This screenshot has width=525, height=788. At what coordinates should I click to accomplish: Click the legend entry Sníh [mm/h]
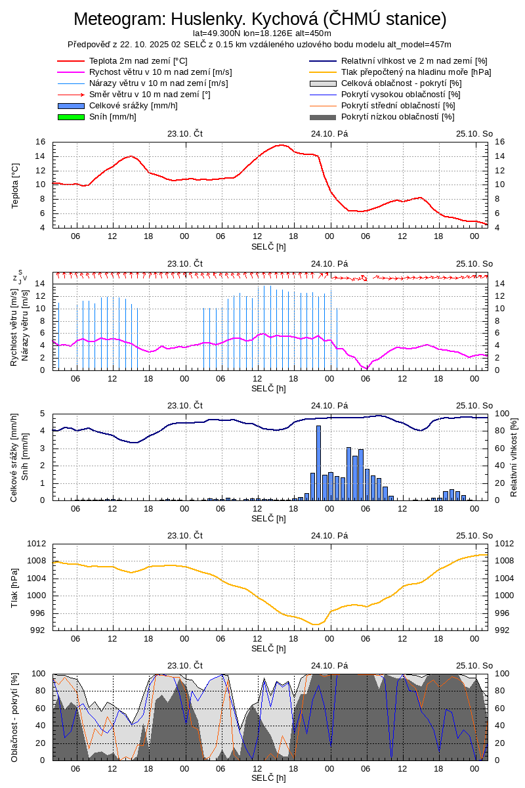coord(112,117)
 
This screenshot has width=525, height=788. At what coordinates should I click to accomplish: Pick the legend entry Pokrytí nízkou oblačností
coord(398,117)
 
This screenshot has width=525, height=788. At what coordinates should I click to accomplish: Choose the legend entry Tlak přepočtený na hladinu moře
coord(416,72)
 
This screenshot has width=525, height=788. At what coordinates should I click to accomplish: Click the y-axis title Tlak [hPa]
coord(15,587)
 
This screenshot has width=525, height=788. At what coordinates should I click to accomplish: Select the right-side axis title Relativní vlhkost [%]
coord(514,456)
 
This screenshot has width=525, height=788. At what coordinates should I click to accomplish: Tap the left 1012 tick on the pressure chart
coord(36,544)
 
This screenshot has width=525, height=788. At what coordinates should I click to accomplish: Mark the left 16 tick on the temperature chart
coord(41,142)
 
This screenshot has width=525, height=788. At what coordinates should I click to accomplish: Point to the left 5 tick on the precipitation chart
coord(43,414)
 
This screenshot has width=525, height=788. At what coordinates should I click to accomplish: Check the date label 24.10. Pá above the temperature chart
coord(329,133)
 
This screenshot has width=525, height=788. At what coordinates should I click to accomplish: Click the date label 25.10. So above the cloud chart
coord(474,665)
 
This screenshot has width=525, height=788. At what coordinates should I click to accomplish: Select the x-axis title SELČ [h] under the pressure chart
coord(268,649)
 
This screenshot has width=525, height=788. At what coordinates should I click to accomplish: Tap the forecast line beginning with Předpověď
coord(259,45)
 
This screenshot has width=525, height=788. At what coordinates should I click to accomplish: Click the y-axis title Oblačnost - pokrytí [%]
coord(15,717)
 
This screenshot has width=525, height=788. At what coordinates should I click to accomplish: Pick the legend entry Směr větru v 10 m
coord(150,95)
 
